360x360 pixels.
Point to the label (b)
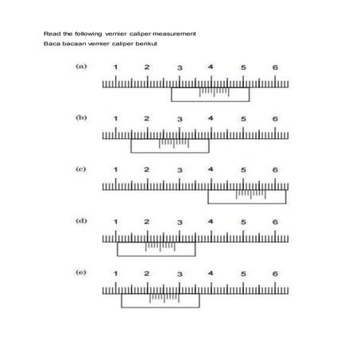tap(81, 118)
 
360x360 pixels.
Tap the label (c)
tap(81, 169)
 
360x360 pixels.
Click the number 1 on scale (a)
tap(116, 68)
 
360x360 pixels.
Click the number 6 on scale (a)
tap(275, 68)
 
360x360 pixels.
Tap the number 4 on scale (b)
tap(211, 119)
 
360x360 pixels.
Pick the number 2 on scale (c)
tap(147, 170)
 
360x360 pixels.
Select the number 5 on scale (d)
tap(243, 222)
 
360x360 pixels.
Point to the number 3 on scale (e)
tap(180, 273)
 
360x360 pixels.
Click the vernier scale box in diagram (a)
tap(210, 95)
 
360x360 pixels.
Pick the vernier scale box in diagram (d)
tap(157, 249)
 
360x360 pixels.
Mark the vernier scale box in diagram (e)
tap(161, 300)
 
